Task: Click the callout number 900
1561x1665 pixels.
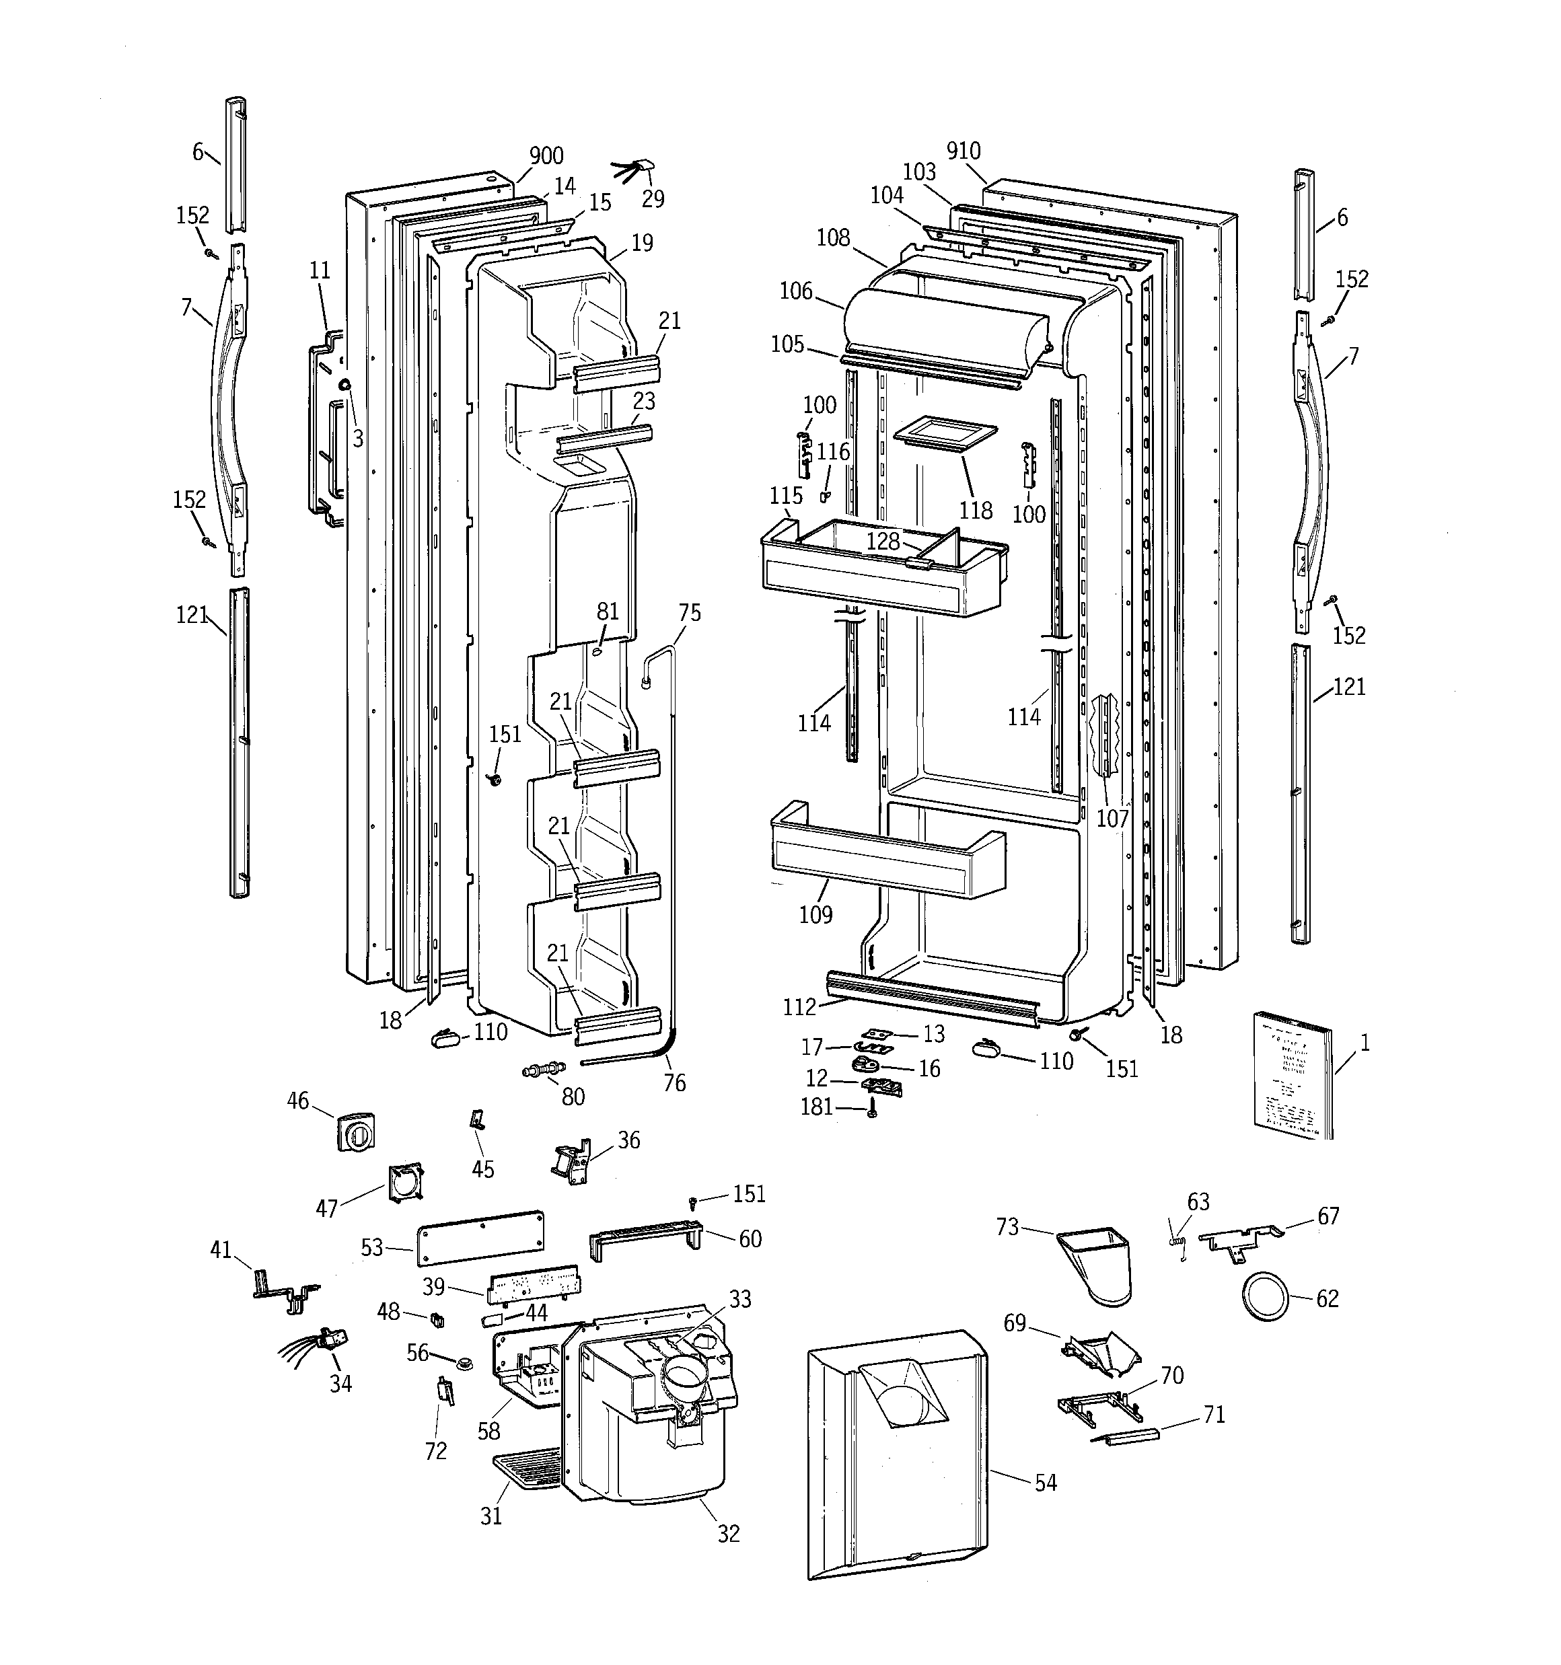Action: click(x=546, y=156)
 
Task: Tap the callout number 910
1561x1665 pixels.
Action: click(x=964, y=151)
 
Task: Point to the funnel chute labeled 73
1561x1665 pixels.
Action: click(x=1097, y=1264)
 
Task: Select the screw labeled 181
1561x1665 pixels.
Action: click(x=872, y=1110)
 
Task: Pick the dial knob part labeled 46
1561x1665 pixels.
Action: click(x=355, y=1132)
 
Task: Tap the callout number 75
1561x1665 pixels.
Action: click(x=689, y=613)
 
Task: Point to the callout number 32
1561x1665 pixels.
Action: click(x=728, y=1532)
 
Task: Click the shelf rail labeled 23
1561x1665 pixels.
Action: click(x=605, y=437)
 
